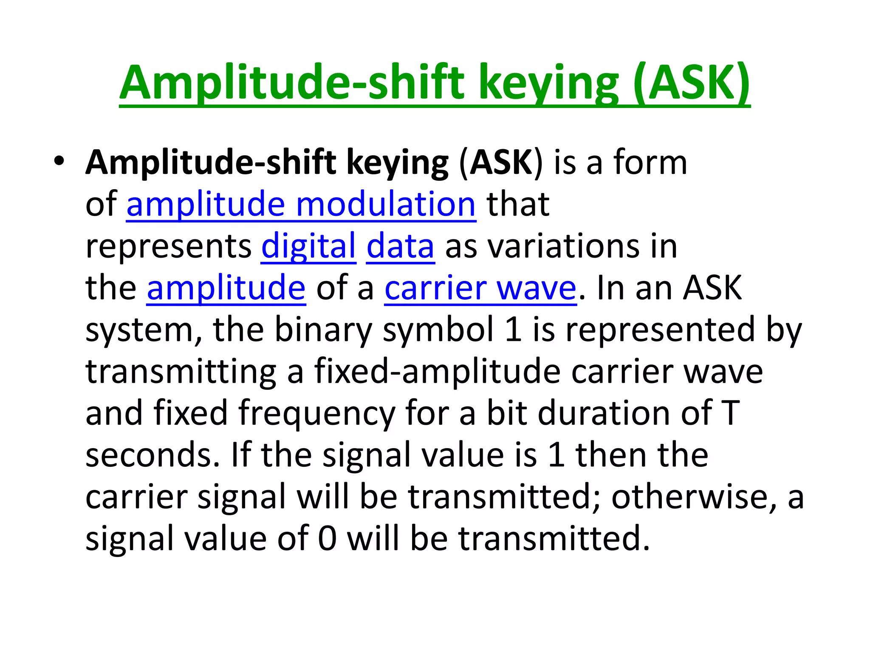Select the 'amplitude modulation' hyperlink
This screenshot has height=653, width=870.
301,204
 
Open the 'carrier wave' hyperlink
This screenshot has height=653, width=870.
480,288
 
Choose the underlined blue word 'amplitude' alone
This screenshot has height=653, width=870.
226,288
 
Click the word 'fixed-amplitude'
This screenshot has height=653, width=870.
437,372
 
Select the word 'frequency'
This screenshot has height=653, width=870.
316,413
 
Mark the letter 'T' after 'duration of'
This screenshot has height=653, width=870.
730,413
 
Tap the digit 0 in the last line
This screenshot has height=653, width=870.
327,539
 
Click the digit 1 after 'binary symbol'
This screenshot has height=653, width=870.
514,330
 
